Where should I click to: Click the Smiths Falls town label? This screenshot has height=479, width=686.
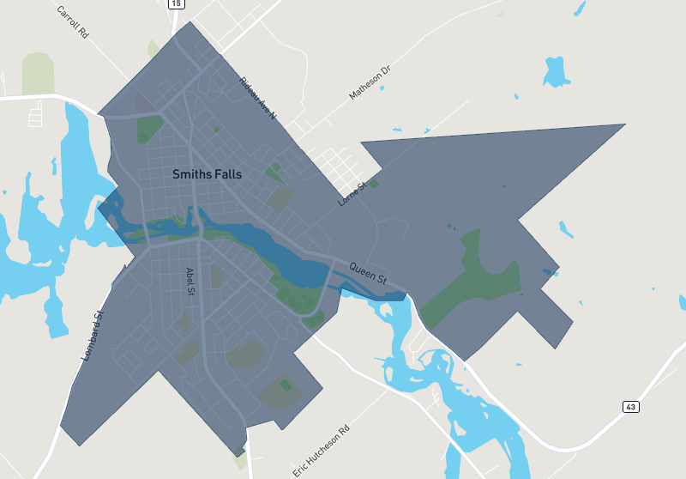(x=207, y=174)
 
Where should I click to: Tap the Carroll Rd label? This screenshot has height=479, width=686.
(x=73, y=23)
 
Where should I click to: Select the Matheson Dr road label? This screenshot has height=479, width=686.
(x=370, y=82)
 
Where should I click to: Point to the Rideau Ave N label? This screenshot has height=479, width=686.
(x=258, y=98)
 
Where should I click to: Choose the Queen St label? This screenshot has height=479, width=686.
(x=368, y=273)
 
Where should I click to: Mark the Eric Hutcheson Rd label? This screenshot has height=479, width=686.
(x=322, y=451)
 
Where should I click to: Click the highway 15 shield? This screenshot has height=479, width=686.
(x=176, y=4)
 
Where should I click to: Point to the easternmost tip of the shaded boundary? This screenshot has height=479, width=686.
(x=625, y=124)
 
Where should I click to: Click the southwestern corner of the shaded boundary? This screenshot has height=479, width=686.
(x=78, y=445)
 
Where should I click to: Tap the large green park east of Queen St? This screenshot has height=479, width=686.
(x=480, y=275)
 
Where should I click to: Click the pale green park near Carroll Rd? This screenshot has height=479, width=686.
(x=38, y=73)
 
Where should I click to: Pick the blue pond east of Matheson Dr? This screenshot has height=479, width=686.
(x=556, y=72)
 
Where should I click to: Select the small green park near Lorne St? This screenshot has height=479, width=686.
(x=373, y=184)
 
